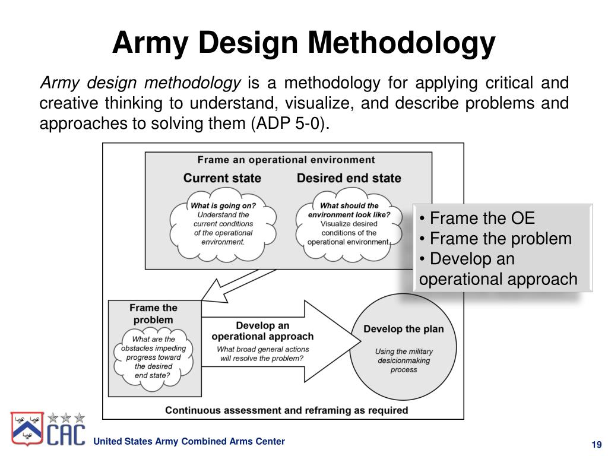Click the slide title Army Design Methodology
coord(303,43)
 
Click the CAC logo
coord(49,429)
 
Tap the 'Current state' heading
coord(222,178)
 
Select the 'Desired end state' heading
coord(349,178)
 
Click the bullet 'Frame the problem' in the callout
coord(495,239)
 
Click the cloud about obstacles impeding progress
coord(153,357)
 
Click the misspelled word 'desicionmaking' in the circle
coord(403,360)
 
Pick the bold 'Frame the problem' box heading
coord(153,313)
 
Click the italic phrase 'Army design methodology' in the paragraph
coord(140,82)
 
